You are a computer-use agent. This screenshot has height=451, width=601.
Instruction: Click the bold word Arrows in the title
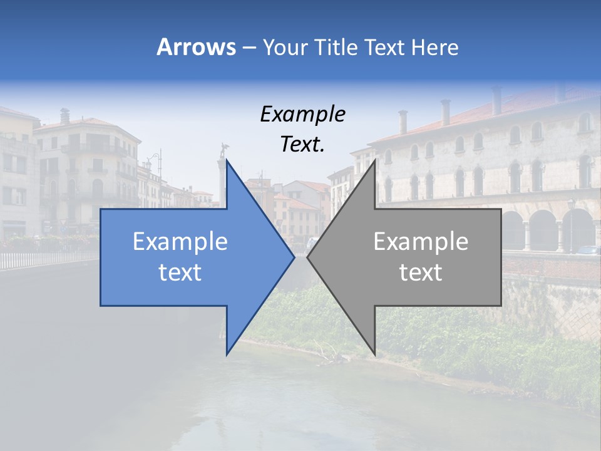pyautogui.click(x=197, y=47)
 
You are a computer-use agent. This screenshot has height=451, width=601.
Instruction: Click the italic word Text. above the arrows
pyautogui.click(x=303, y=144)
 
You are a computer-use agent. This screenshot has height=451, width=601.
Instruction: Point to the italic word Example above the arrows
pyautogui.click(x=303, y=114)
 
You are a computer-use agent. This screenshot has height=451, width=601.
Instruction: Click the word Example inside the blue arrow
pyautogui.click(x=180, y=242)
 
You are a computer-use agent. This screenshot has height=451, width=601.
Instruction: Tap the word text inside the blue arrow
pyautogui.click(x=180, y=272)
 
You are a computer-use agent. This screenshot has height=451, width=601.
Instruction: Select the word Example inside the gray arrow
pyautogui.click(x=421, y=242)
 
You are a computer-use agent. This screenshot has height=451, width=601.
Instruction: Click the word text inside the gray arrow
pyautogui.click(x=421, y=272)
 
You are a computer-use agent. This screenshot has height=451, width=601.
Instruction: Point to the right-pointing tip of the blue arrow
pyautogui.click(x=294, y=257)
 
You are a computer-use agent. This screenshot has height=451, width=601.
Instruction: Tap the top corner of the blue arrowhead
pyautogui.click(x=227, y=160)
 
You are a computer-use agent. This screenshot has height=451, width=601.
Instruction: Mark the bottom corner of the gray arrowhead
pyautogui.click(x=375, y=355)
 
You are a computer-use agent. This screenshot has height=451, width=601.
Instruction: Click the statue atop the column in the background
pyautogui.click(x=222, y=150)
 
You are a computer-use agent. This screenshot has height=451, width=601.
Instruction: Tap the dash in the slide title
pyautogui.click(x=248, y=48)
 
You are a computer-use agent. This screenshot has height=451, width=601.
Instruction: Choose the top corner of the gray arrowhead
pyautogui.click(x=375, y=160)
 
